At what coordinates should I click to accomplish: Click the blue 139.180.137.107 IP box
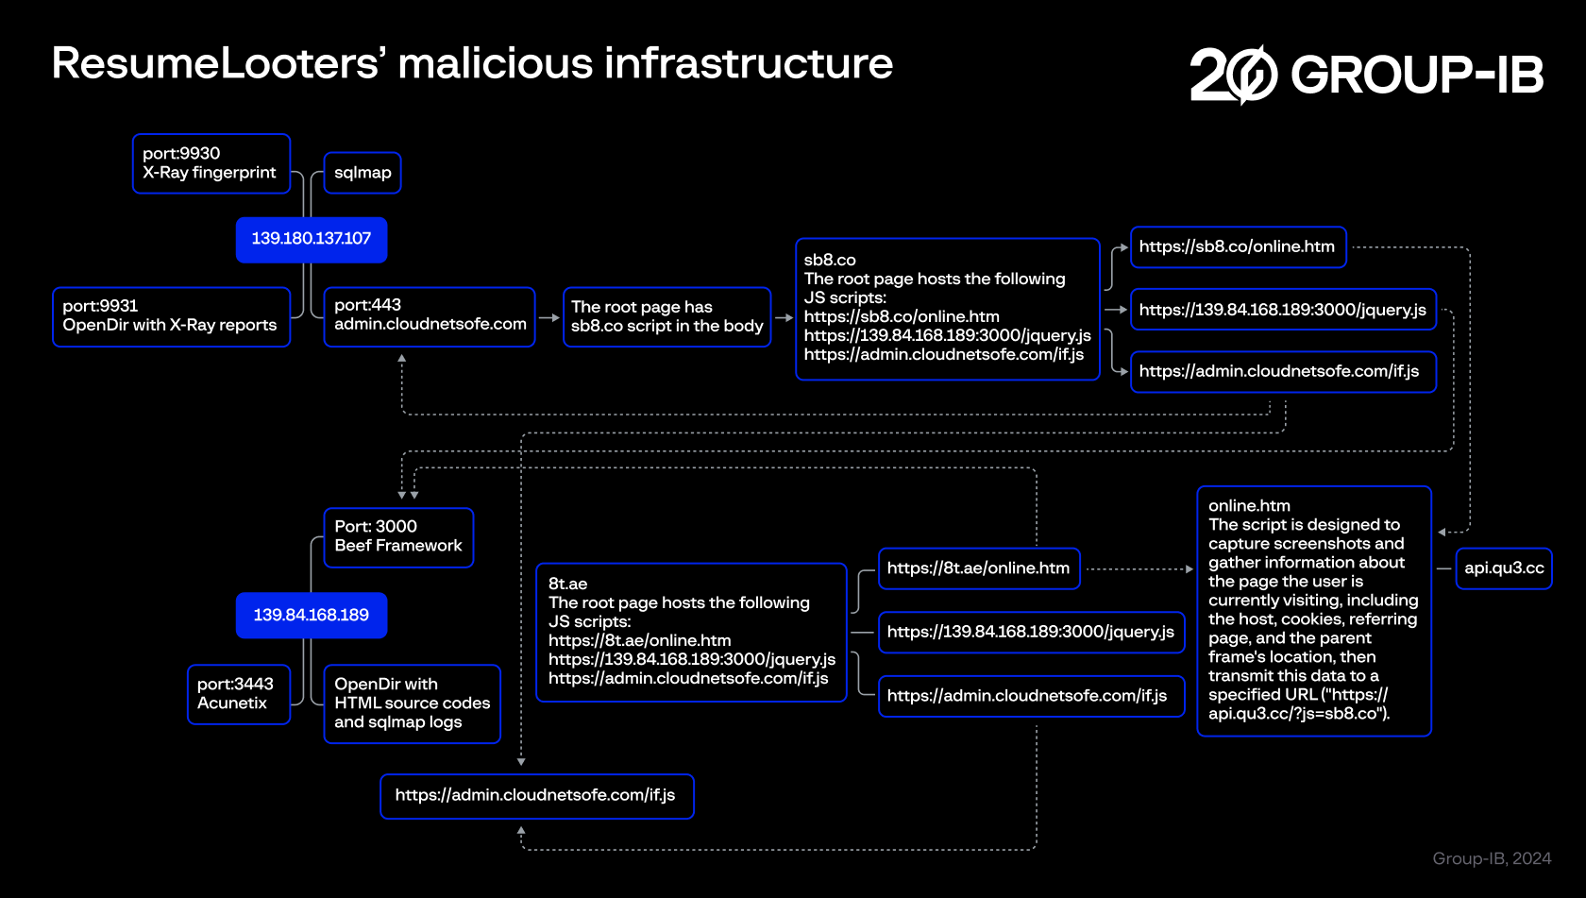[311, 239]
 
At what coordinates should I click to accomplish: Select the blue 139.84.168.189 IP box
[311, 615]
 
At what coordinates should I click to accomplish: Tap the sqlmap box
[363, 173]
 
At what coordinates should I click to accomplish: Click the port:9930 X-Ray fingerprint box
[211, 163]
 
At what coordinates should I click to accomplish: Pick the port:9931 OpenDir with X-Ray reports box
[171, 316]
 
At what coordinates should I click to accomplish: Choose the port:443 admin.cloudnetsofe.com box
[430, 316]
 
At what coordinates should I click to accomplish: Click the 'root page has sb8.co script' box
[666, 316]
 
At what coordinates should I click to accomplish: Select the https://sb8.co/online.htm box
[1238, 247]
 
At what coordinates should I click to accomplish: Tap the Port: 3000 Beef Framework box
[398, 537]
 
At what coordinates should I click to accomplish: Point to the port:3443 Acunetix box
[238, 694]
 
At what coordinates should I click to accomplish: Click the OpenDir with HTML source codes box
[412, 703]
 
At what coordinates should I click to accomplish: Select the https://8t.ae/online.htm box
[979, 568]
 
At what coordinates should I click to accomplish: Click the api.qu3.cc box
[1504, 568]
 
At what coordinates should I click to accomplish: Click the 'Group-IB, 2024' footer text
[1492, 858]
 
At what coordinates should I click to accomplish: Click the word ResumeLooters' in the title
[218, 64]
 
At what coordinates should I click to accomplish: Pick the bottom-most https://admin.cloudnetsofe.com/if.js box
[536, 796]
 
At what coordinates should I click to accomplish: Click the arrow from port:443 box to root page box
[549, 318]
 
